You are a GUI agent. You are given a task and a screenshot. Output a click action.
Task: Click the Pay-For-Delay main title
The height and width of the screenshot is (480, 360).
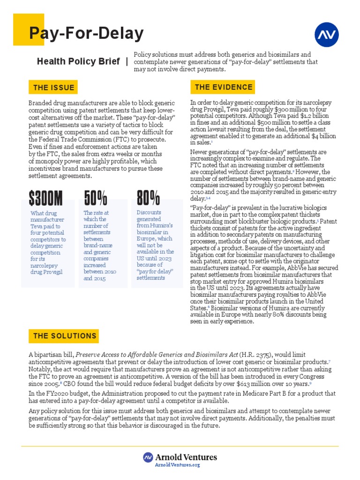click(x=86, y=34)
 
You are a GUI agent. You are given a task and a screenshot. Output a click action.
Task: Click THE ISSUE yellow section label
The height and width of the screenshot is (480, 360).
click(x=53, y=88)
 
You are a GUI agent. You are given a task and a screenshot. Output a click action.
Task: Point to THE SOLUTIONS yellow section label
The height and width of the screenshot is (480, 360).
click(x=65, y=336)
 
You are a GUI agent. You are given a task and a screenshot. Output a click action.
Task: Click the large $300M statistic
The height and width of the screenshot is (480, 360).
click(x=45, y=199)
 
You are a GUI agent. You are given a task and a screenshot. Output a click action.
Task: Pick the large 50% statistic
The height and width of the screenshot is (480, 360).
click(x=96, y=199)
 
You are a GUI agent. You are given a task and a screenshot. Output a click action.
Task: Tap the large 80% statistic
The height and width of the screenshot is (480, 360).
click(x=148, y=199)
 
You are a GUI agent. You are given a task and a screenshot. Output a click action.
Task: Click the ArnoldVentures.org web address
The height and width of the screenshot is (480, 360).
click(x=180, y=465)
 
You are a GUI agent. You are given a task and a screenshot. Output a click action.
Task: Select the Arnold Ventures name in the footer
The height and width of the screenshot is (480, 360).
click(x=186, y=457)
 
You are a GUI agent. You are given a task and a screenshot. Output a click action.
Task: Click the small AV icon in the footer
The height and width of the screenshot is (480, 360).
click(x=148, y=457)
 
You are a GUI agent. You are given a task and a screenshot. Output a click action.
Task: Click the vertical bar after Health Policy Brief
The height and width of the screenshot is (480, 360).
click(x=127, y=62)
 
